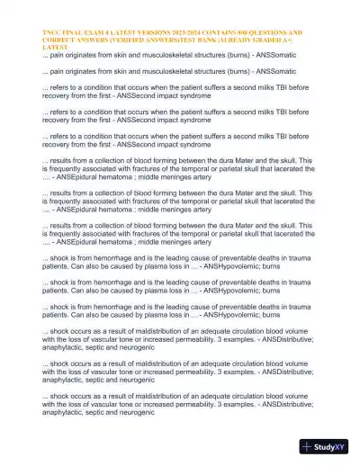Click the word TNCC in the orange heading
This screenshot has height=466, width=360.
(x=52, y=31)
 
